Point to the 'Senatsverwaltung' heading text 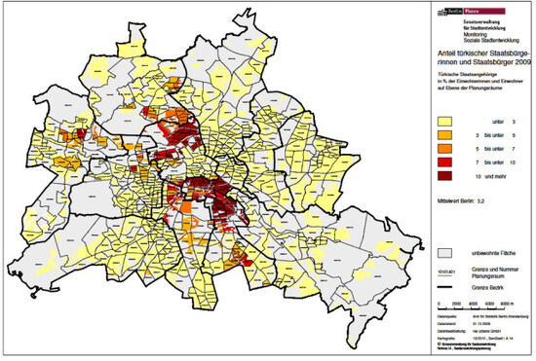467,19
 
